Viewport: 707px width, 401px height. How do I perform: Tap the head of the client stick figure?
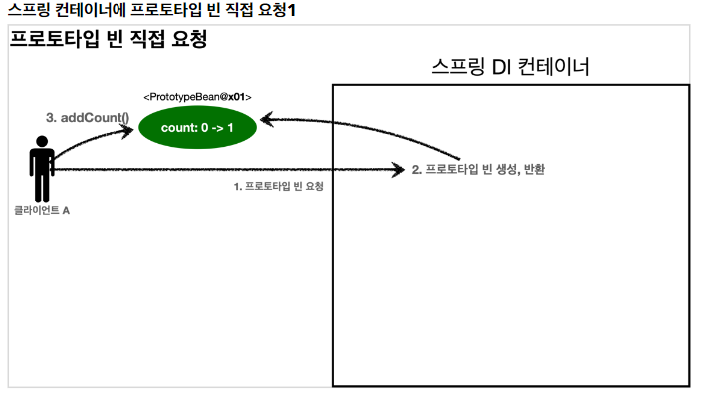point(41,142)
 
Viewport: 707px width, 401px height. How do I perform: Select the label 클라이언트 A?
point(42,211)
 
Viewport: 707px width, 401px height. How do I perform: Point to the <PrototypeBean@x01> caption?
point(197,97)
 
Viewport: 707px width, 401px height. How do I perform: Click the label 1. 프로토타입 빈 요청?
point(278,186)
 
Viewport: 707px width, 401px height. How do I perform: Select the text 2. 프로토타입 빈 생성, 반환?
point(478,170)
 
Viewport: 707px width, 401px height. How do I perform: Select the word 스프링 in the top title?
point(26,10)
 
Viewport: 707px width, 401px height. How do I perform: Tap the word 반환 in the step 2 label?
point(533,170)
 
